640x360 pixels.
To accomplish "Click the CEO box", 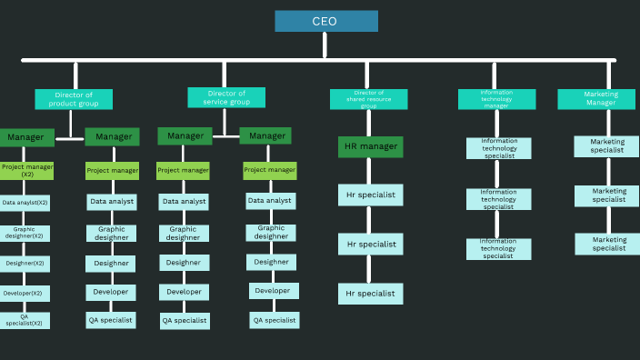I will pyautogui.click(x=326, y=21).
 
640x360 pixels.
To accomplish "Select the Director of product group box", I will pyautogui.click(x=74, y=99).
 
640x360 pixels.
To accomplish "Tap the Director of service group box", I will pyautogui.click(x=226, y=97).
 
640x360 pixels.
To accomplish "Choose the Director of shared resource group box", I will pyautogui.click(x=368, y=99).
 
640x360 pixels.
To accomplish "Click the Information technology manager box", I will pyautogui.click(x=495, y=99).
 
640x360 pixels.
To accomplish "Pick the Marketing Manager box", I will pyautogui.click(x=601, y=99).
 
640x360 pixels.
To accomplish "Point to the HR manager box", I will pyautogui.click(x=370, y=146).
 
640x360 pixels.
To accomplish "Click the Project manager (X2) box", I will pyautogui.click(x=26, y=171).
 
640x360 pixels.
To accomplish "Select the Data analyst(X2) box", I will pyautogui.click(x=25, y=203).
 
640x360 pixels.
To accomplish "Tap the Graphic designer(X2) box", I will pyautogui.click(x=25, y=234).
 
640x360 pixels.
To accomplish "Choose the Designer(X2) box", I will pyautogui.click(x=25, y=264).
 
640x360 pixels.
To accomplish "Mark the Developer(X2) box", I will pyautogui.click(x=25, y=294).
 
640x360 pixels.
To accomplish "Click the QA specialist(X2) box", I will pyautogui.click(x=25, y=320).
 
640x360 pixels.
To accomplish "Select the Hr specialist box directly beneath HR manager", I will pyautogui.click(x=370, y=195).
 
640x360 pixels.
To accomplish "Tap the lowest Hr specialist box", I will pyautogui.click(x=370, y=294).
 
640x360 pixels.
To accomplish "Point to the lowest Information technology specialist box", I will pyautogui.click(x=498, y=249).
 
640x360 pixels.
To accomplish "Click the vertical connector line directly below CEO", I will pyautogui.click(x=325, y=45).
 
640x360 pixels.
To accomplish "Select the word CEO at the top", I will pyautogui.click(x=325, y=21).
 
